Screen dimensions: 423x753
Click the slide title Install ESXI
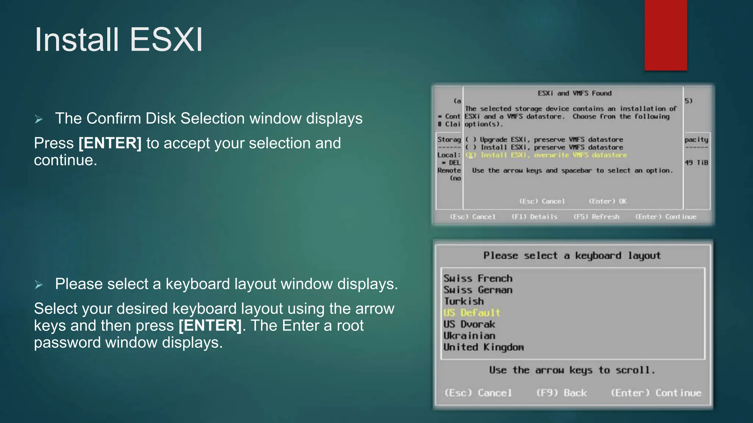[118, 40]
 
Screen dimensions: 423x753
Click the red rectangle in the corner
[665, 35]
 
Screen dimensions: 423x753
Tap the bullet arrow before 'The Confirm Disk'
[39, 119]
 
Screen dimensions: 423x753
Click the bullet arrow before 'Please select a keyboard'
[39, 285]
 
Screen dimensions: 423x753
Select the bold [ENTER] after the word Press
[110, 143]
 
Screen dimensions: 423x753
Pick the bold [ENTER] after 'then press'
[210, 326]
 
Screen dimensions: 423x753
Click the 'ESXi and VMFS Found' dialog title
[574, 93]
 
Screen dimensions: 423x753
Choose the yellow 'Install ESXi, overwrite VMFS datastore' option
[546, 155]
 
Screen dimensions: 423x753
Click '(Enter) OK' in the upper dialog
[607, 201]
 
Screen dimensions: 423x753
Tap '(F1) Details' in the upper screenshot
[534, 217]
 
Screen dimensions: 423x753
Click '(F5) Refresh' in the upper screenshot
[596, 217]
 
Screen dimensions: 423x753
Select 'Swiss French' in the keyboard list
[478, 278]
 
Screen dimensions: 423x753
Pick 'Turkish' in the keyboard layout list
[463, 301]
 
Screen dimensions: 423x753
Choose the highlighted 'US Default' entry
[471, 313]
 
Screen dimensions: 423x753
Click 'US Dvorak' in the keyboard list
[469, 324]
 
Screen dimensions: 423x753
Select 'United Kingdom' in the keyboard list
[483, 347]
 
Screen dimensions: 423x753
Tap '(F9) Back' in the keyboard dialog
[561, 393]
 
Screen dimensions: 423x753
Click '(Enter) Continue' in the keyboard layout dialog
[656, 393]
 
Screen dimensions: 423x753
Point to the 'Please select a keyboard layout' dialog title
[572, 256]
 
